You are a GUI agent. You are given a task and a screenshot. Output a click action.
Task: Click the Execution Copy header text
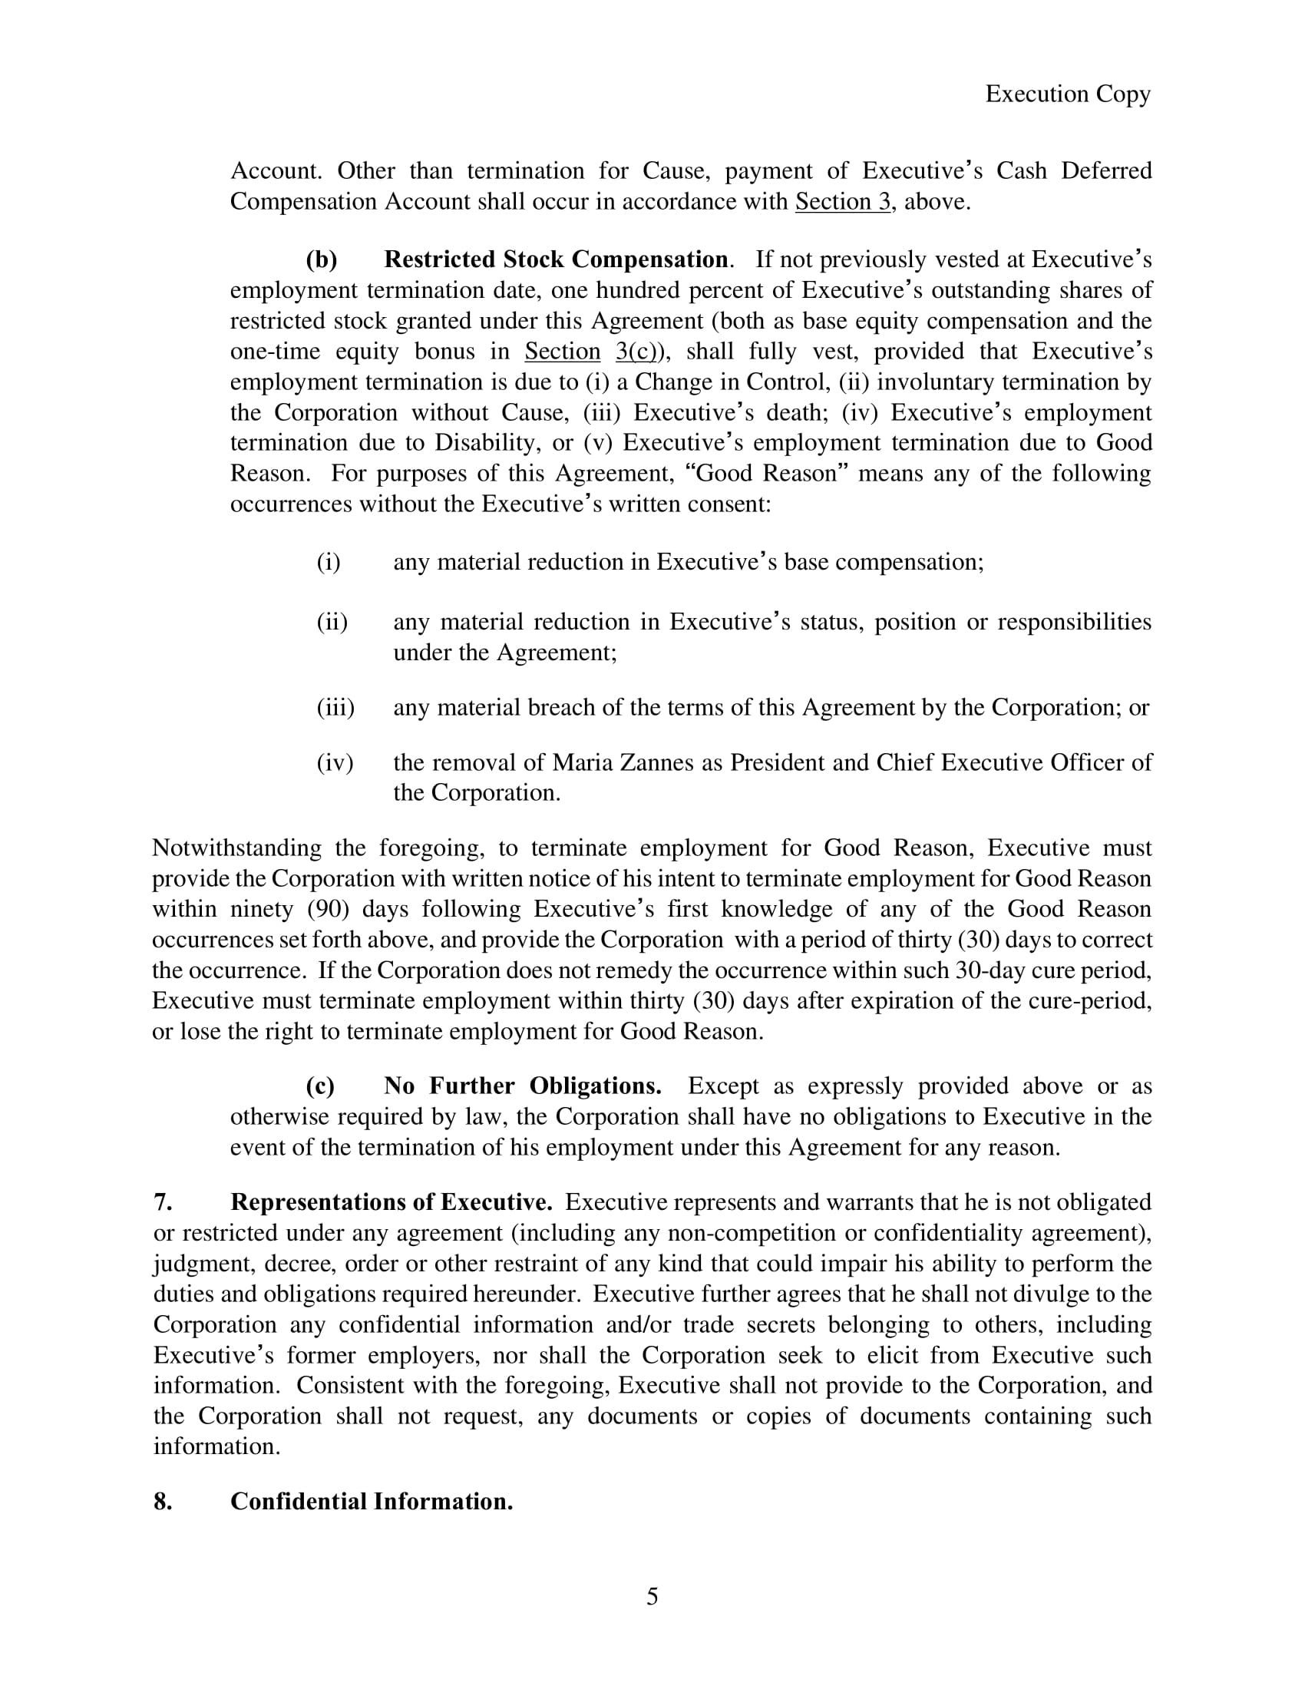tap(1068, 94)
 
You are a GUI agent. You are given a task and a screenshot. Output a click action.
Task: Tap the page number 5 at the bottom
tap(652, 1596)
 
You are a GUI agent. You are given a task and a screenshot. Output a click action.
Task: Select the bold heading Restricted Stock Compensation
tap(555, 259)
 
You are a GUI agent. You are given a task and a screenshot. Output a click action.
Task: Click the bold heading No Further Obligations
tap(522, 1086)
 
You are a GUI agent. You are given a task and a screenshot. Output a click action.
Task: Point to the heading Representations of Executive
tap(391, 1202)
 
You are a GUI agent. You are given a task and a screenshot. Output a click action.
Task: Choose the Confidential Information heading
tap(371, 1502)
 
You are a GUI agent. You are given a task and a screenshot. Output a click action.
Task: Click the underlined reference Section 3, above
tap(843, 202)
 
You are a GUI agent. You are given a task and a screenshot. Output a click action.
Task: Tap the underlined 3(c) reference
tap(636, 352)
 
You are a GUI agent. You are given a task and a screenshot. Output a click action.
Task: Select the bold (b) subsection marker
tap(322, 259)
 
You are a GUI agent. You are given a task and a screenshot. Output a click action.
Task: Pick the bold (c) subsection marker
tap(321, 1086)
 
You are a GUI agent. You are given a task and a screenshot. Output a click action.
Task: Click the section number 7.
tap(161, 1202)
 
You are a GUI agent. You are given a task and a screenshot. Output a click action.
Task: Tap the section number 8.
tap(162, 1502)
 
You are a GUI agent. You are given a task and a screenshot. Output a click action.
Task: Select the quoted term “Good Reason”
tap(765, 473)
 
